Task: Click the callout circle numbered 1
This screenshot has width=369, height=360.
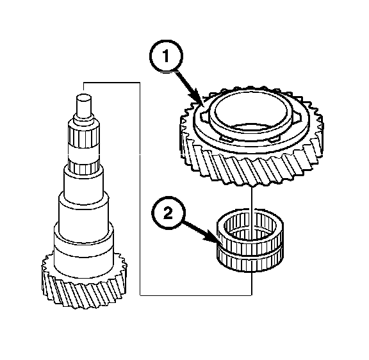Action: pos(166,56)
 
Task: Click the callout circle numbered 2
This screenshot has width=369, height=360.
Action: pos(168,213)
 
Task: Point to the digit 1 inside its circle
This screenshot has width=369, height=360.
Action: pos(166,56)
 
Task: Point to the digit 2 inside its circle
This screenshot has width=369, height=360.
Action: pos(168,214)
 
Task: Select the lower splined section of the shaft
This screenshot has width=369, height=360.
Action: pos(84,167)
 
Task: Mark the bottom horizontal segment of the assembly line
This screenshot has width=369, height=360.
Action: pos(196,295)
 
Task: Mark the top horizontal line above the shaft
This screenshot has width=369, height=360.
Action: pos(111,83)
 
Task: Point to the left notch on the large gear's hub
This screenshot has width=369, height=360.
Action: pos(204,116)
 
